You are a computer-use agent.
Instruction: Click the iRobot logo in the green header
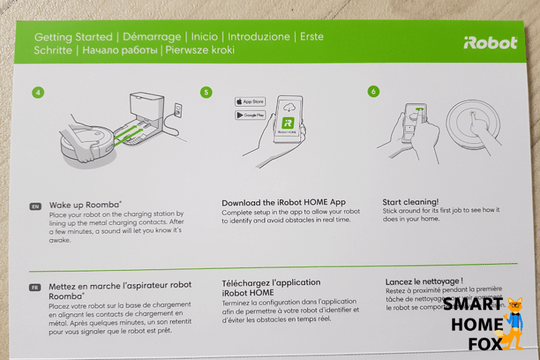tap(490, 43)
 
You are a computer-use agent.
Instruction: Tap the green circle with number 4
tap(38, 92)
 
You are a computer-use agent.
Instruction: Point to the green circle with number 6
tap(373, 92)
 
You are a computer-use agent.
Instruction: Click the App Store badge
tap(250, 101)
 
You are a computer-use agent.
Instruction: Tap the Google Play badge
tap(250, 115)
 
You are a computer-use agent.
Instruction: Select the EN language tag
tap(36, 207)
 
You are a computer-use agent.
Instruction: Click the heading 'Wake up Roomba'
tap(85, 203)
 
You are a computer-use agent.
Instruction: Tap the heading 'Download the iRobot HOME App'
tap(283, 202)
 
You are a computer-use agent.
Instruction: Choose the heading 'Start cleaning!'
tap(410, 201)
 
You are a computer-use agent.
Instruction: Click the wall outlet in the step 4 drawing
tap(178, 109)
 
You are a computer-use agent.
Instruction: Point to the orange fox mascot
tap(514, 323)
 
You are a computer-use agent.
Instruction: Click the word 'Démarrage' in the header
tap(155, 36)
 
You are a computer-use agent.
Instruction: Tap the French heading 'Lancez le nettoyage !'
tap(424, 280)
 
